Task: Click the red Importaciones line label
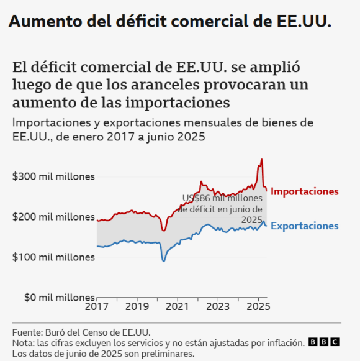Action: tap(305, 191)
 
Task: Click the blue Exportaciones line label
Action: tap(305, 226)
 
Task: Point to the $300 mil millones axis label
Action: tap(53, 176)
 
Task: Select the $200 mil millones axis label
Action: tap(53, 217)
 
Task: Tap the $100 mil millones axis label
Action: tap(53, 257)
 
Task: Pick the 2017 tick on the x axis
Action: tap(97, 307)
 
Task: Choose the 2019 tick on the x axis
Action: tap(137, 307)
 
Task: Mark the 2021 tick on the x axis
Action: tap(178, 307)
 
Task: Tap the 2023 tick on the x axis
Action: tap(218, 307)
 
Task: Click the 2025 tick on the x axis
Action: tap(258, 307)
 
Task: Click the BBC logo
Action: tap(324, 342)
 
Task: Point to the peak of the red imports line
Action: tap(262, 160)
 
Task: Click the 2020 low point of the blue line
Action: tap(164, 260)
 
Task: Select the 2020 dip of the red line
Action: tap(164, 231)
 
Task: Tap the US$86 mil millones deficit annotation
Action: tap(220, 209)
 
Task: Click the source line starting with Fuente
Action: tap(81, 332)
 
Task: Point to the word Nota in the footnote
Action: tap(22, 343)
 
